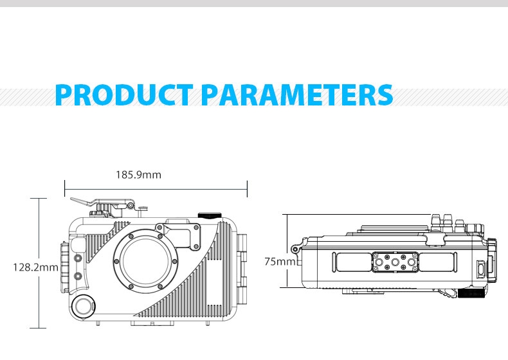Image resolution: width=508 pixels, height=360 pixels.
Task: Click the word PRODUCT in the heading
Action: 124,94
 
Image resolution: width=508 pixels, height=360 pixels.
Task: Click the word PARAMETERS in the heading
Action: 297,94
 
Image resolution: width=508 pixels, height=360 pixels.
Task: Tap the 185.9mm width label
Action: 139,175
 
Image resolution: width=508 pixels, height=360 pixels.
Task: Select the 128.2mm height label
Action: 35,267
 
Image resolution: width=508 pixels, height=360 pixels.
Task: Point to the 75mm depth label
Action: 280,262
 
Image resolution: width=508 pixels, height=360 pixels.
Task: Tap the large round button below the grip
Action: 84,306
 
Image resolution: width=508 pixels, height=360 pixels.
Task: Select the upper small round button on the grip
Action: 78,258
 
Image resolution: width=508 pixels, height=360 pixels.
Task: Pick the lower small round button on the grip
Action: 78,276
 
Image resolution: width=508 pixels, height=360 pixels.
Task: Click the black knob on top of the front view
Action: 210,215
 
